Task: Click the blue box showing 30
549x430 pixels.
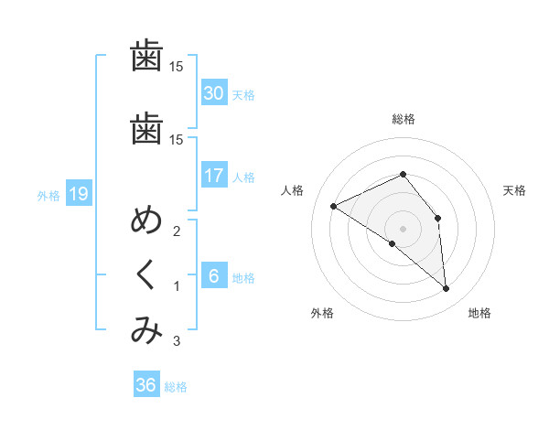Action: [x=213, y=93]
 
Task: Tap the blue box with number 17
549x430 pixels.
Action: [x=213, y=176]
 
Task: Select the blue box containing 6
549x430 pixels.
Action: [x=213, y=276]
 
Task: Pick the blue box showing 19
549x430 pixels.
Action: [x=78, y=194]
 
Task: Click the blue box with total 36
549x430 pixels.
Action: [x=146, y=385]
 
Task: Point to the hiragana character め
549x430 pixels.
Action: [x=146, y=223]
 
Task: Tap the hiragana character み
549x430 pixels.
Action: [x=146, y=332]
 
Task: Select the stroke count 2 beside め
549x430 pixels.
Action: [x=176, y=231]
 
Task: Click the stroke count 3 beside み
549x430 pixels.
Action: [x=176, y=342]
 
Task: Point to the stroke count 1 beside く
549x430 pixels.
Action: [x=176, y=287]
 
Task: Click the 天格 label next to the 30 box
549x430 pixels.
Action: [x=243, y=94]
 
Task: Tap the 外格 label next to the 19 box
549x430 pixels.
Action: [x=48, y=195]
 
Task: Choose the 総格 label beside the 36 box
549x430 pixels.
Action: [x=176, y=386]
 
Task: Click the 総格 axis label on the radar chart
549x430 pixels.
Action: [x=403, y=118]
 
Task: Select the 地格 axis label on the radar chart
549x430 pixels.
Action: [x=479, y=313]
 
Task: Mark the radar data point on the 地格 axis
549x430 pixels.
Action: [x=447, y=288]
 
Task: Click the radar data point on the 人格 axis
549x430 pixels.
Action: [x=334, y=206]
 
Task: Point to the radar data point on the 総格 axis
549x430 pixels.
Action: [x=403, y=174]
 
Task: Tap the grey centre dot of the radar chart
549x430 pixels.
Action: [x=403, y=228]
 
